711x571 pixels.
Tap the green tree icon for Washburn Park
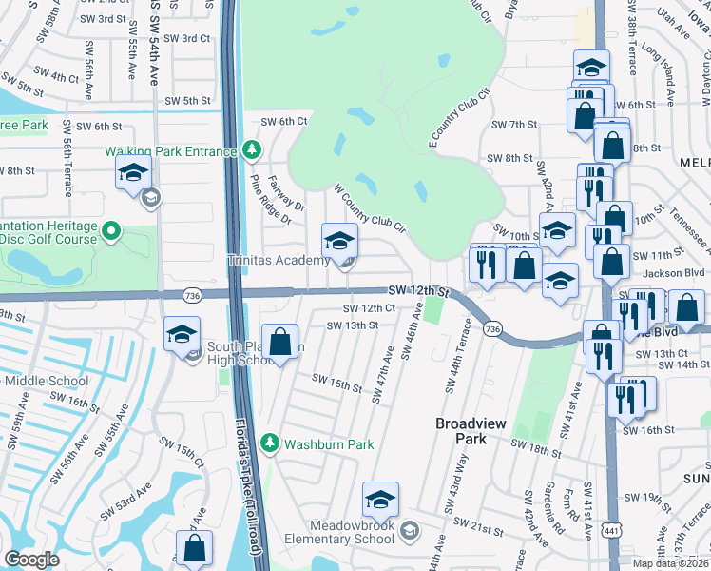pyautogui.click(x=271, y=443)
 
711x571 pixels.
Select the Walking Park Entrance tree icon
pyautogui.click(x=251, y=150)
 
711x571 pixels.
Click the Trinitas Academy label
pyautogui.click(x=277, y=260)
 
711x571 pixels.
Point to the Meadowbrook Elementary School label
pyautogui.click(x=351, y=532)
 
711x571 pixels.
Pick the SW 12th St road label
pyautogui.click(x=418, y=289)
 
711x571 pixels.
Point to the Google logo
pyautogui.click(x=31, y=559)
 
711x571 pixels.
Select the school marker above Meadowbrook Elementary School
pyautogui.click(x=380, y=501)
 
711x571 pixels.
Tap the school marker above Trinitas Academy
pyautogui.click(x=339, y=242)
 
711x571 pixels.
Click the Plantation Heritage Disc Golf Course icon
pyautogui.click(x=111, y=230)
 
